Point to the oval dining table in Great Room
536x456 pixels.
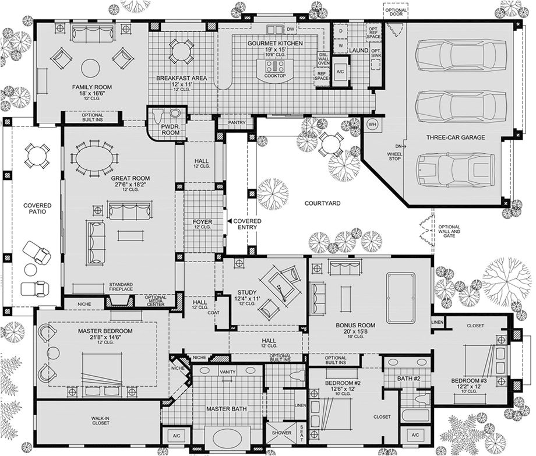[x=93, y=158]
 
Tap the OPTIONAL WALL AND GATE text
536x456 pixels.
[x=450, y=231]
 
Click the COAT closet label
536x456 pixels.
[x=217, y=313]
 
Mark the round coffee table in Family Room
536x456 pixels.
[x=90, y=68]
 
